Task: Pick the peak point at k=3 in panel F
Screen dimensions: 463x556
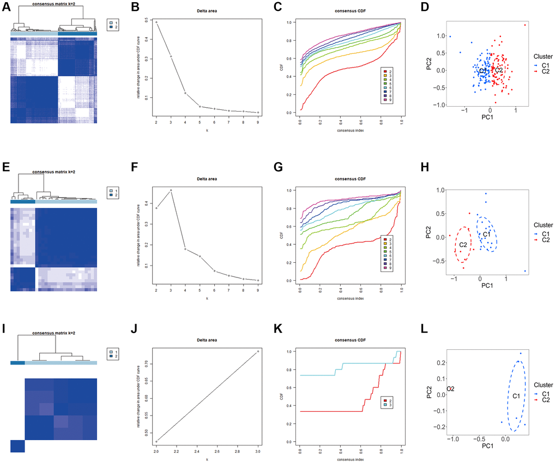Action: pyautogui.click(x=171, y=190)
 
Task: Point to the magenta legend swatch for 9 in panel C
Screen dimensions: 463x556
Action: pyautogui.click(x=386, y=101)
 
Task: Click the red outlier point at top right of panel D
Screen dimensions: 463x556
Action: pyautogui.click(x=525, y=25)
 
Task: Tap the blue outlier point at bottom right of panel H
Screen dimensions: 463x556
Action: pyautogui.click(x=525, y=271)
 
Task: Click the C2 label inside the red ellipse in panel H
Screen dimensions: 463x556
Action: pyautogui.click(x=463, y=245)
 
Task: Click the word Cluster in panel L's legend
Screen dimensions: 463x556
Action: pyautogui.click(x=543, y=384)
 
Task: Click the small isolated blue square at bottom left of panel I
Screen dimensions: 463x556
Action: pyautogui.click(x=17, y=446)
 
